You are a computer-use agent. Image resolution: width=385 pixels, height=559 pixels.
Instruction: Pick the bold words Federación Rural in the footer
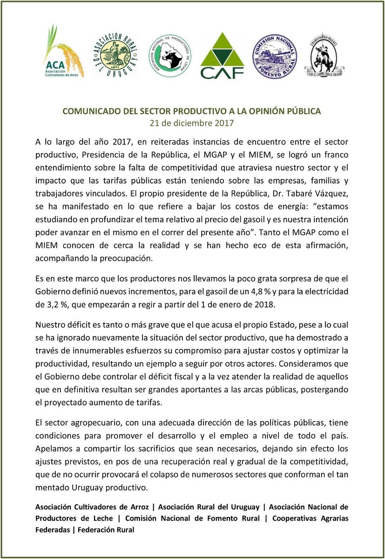(106, 530)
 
